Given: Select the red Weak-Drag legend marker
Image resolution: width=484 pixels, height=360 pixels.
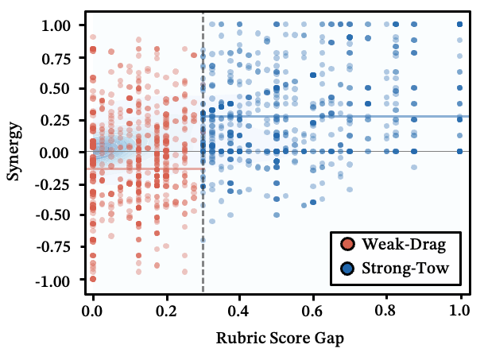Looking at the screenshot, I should point(347,243).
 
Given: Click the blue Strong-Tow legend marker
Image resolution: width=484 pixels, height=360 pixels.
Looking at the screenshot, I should point(347,269).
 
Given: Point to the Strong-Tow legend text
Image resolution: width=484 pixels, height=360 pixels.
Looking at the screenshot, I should point(405,269).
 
